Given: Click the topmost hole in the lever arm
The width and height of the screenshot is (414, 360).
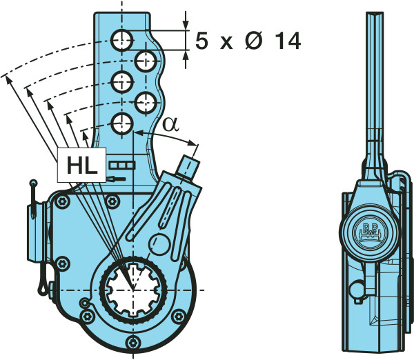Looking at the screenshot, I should [x=123, y=40].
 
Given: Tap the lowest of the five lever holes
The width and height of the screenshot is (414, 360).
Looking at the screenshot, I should [x=123, y=123].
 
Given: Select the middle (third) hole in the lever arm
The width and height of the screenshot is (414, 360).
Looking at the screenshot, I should [x=123, y=81].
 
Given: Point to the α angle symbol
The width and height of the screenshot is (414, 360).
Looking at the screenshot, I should [x=170, y=124].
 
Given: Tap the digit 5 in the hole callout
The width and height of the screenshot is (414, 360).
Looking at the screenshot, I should [x=201, y=41].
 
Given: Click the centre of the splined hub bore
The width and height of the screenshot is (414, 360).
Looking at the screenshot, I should [x=134, y=290].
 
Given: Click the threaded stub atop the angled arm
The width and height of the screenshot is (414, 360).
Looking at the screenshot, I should [x=188, y=166].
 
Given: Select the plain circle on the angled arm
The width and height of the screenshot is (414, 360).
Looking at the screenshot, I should [x=159, y=244].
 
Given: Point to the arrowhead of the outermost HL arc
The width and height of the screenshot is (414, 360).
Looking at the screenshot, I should [x=8, y=76].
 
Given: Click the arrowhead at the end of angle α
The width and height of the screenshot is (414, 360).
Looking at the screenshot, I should [x=195, y=146].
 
